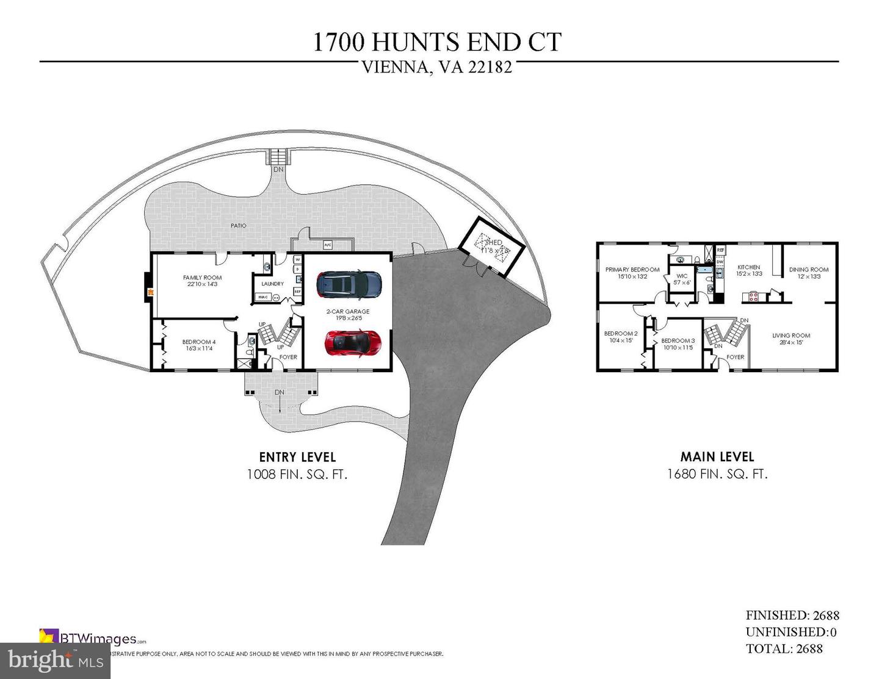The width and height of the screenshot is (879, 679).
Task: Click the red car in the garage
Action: click(353, 342)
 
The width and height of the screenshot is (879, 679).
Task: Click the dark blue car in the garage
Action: click(349, 283)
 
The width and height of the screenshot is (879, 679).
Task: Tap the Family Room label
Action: click(202, 278)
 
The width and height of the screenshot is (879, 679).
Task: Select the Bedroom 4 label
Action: click(199, 342)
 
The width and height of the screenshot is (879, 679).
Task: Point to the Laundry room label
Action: click(272, 284)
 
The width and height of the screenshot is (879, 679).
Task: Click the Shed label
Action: click(493, 243)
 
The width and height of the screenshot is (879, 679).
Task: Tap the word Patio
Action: click(239, 226)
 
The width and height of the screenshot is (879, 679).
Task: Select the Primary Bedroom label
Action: click(632, 270)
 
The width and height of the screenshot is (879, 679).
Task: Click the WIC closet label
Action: click(682, 276)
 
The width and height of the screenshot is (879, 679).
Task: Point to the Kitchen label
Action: click(748, 267)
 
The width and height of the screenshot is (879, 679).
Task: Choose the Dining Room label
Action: click(808, 270)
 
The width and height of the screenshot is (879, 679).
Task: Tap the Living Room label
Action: click(790, 336)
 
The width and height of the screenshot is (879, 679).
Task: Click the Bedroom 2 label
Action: click(621, 334)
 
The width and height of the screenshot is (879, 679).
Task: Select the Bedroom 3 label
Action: click(678, 341)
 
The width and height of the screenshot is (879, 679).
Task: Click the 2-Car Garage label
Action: click(348, 312)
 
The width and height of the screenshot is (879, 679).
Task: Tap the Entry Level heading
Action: click(297, 457)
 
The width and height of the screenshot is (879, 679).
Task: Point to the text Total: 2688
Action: click(784, 648)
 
